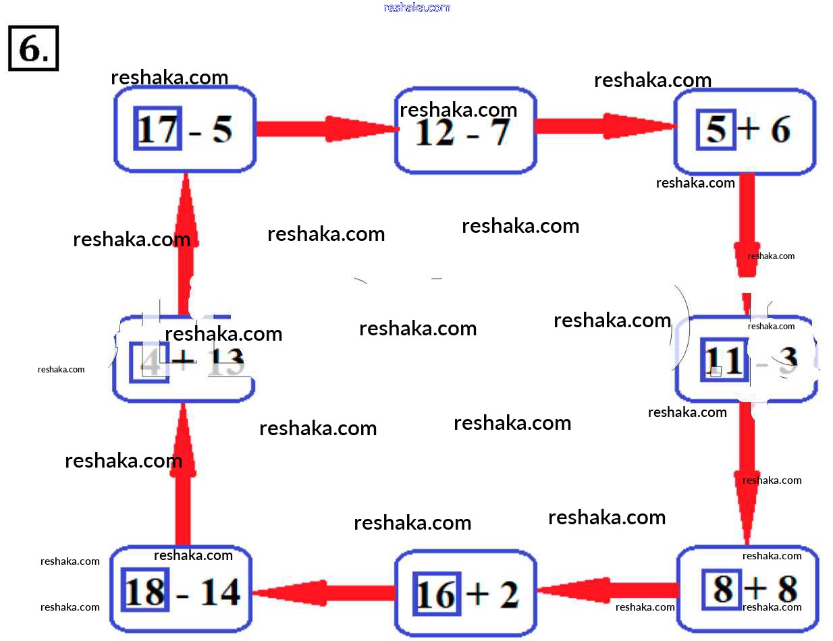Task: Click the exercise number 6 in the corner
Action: click(x=33, y=48)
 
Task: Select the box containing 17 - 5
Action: click(x=184, y=129)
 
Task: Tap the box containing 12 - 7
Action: click(x=465, y=130)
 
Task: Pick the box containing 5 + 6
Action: click(x=745, y=130)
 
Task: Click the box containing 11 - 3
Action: click(x=747, y=360)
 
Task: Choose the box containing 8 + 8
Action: click(x=747, y=589)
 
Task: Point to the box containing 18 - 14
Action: click(x=181, y=590)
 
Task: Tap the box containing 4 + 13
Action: click(x=183, y=360)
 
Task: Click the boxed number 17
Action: click(x=158, y=128)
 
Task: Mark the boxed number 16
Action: click(x=436, y=594)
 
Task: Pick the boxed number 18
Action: click(x=145, y=591)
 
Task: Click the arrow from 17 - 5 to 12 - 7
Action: click(x=325, y=128)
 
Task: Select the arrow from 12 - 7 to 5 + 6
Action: click(x=605, y=126)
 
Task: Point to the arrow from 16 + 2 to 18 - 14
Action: click(x=323, y=592)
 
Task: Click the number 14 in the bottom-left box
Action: click(x=221, y=592)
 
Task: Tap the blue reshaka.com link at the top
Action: click(x=416, y=7)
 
